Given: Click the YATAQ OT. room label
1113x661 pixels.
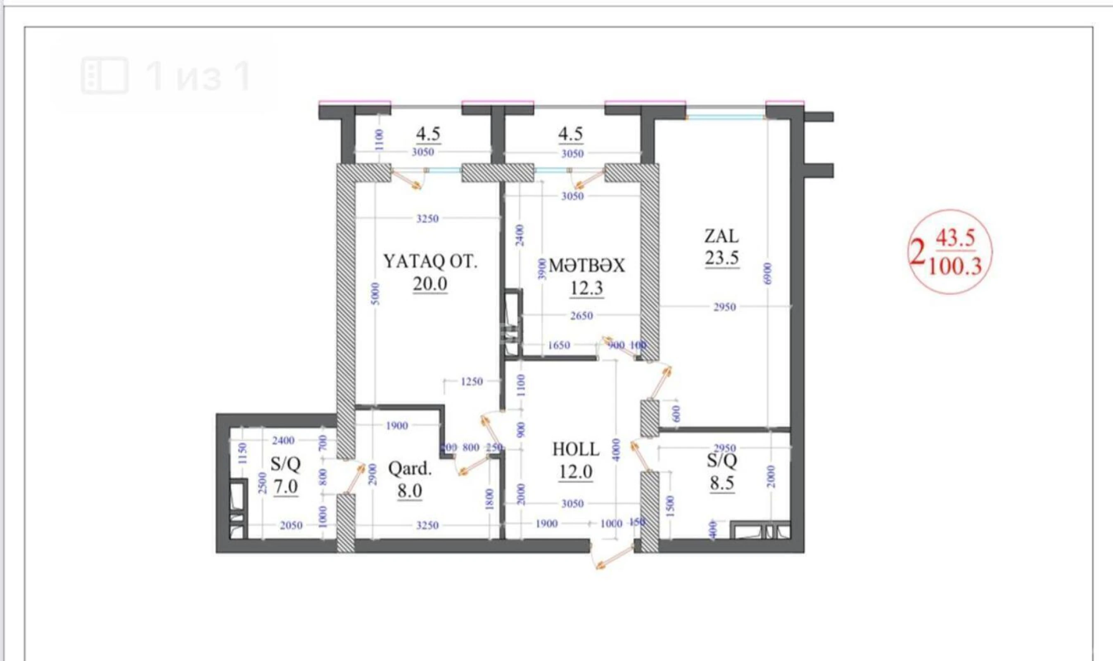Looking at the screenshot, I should pos(430,262).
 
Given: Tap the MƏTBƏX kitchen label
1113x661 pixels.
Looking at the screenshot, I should pos(587,266).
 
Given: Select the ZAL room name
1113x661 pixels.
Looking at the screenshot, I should pos(721,236).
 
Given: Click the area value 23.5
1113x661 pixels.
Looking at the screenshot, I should pos(721,258).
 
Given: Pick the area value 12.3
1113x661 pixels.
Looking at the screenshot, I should pos(587,288).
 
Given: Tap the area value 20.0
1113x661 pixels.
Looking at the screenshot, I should pos(430,284).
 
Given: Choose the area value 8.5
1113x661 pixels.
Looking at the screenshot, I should pos(721,483).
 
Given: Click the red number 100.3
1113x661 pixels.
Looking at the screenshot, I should pos(955,267).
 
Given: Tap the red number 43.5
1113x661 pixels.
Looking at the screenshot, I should pos(955,239).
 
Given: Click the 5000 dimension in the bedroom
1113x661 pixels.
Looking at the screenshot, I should pos(375,294).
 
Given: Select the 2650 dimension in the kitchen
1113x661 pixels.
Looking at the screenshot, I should pos(581,316).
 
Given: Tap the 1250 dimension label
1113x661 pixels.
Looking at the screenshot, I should pos(472,381).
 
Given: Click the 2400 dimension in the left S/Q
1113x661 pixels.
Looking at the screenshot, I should pos(283,440).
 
